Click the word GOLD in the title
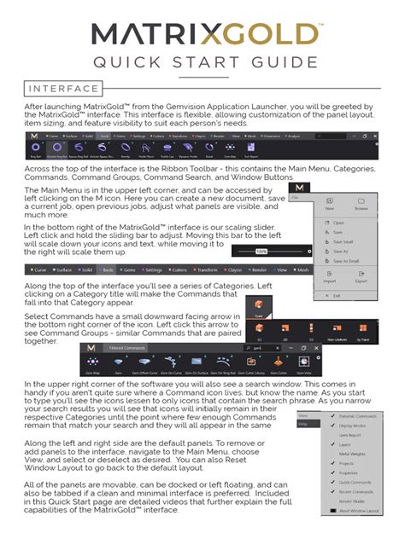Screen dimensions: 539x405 263,36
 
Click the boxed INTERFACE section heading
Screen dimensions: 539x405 62,89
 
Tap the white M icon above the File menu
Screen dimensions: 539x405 298,187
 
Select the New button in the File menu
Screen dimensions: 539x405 330,207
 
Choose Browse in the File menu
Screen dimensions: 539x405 361,207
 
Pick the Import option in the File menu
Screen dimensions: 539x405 329,280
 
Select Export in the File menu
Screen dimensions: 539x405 361,280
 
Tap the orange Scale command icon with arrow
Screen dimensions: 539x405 259,307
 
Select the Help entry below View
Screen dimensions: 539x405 303,423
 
